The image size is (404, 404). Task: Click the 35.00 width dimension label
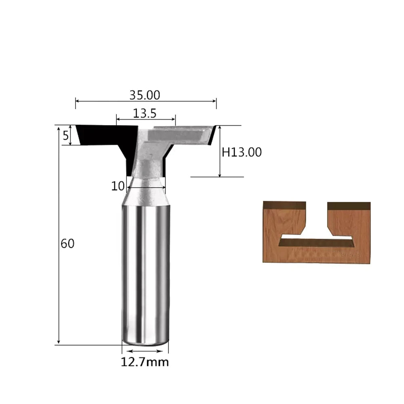[145, 95]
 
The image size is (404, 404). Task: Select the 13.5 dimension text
[145, 114]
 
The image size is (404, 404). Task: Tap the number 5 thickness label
[66, 135]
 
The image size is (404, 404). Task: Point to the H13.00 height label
[242, 152]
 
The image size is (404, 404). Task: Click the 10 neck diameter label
[118, 186]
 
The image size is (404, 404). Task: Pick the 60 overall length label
[67, 244]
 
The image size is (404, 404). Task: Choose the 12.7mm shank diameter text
[145, 362]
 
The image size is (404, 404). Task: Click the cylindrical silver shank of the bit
[145, 273]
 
